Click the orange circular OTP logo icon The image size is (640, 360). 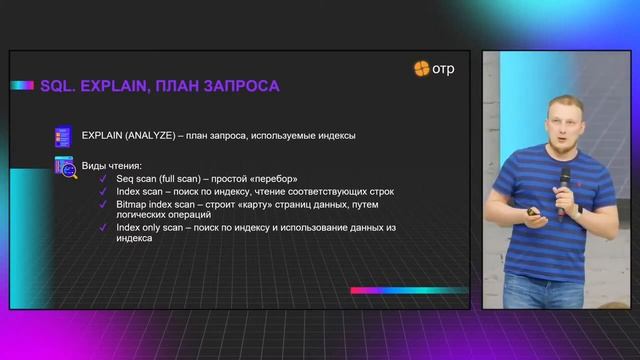(422, 69)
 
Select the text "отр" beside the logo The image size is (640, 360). (446, 69)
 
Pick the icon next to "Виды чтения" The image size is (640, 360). (63, 167)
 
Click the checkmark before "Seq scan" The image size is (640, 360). (103, 179)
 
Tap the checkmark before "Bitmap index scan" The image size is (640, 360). (103, 203)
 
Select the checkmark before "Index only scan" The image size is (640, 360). (103, 227)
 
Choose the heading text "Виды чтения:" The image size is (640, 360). (112, 165)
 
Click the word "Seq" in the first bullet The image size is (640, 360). (126, 179)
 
